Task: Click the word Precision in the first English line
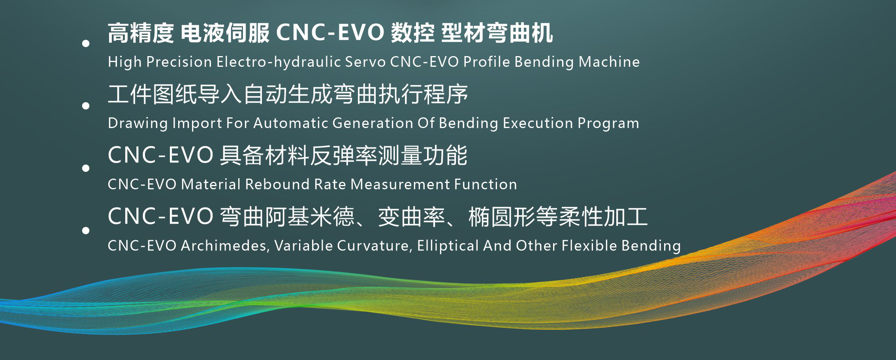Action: coord(179,62)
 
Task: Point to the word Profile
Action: coord(487,62)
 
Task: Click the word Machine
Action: coord(609,62)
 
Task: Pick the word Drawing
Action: coord(138,123)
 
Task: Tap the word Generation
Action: coord(373,123)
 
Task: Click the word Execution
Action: coord(538,123)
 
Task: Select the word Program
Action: coord(608,124)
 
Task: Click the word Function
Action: coord(486,185)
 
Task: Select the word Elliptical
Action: coord(448,246)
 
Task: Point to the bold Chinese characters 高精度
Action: coord(141,33)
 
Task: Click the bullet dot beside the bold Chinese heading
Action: coord(86,43)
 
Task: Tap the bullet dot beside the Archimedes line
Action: coord(86,230)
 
